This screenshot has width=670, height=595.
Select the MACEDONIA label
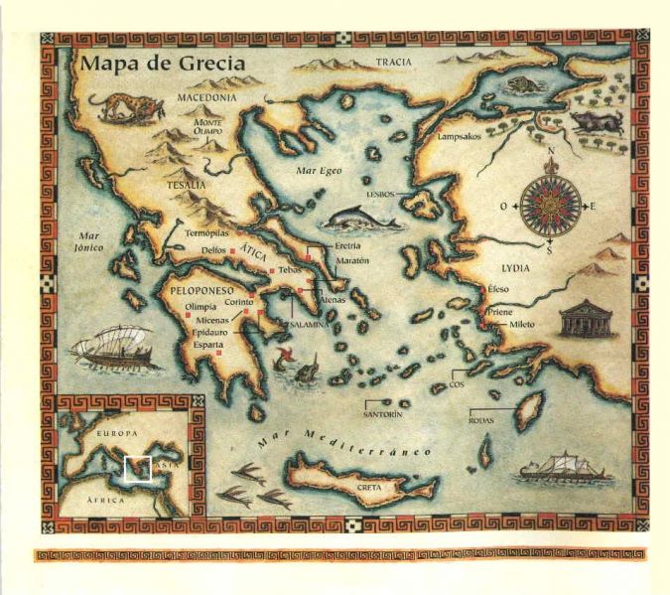206,98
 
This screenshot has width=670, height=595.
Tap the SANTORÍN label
382,413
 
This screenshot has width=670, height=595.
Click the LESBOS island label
380,196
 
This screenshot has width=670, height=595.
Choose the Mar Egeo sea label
320,171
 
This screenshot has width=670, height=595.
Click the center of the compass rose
547,206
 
